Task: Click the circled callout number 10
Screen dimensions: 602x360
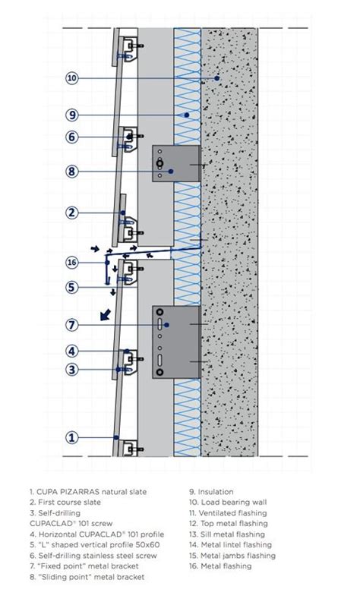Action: tap(73, 78)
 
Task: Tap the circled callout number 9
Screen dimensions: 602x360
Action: tap(73, 115)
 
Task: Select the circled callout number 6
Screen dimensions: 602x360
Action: tap(73, 137)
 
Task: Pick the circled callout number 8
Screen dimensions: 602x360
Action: tap(73, 172)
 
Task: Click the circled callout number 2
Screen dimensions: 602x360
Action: tap(73, 213)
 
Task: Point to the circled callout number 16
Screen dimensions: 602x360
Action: tap(73, 263)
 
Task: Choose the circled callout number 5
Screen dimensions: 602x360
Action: tap(73, 287)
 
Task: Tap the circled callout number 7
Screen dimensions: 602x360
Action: tap(73, 325)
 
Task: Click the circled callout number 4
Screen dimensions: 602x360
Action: tap(73, 351)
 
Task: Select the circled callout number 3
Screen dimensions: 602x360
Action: tap(73, 370)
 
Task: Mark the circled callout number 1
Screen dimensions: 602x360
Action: tap(73, 437)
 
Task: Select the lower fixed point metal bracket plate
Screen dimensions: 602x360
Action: tap(176, 342)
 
